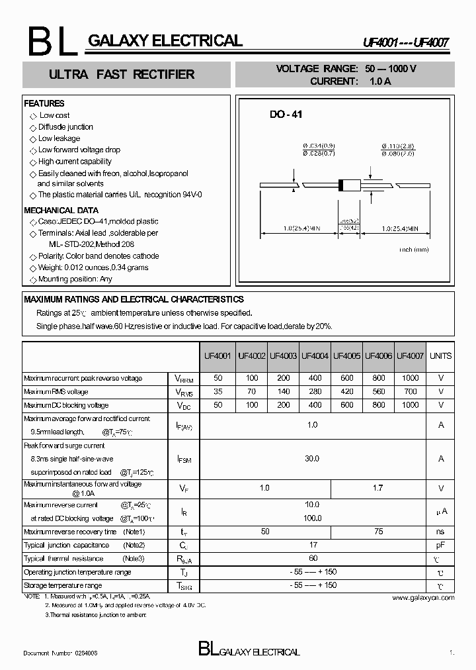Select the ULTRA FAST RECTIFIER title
(122, 75)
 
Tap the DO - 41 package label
(286, 115)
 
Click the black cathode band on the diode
(341, 185)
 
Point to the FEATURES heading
(44, 103)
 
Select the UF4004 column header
(315, 356)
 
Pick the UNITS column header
(440, 356)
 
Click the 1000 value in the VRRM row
(410, 378)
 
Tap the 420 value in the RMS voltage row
(346, 391)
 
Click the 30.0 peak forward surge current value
(312, 458)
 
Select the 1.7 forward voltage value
(378, 488)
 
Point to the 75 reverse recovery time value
(378, 532)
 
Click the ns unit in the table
(440, 532)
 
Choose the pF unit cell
(440, 545)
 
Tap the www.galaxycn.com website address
(423, 597)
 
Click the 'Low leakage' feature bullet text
(59, 138)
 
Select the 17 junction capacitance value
(312, 545)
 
